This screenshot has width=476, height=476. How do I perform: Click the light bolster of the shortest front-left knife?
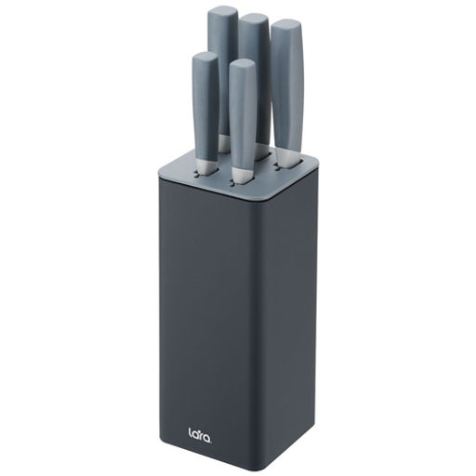[206, 166]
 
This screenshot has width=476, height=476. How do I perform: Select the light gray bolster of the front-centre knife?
[243, 176]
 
